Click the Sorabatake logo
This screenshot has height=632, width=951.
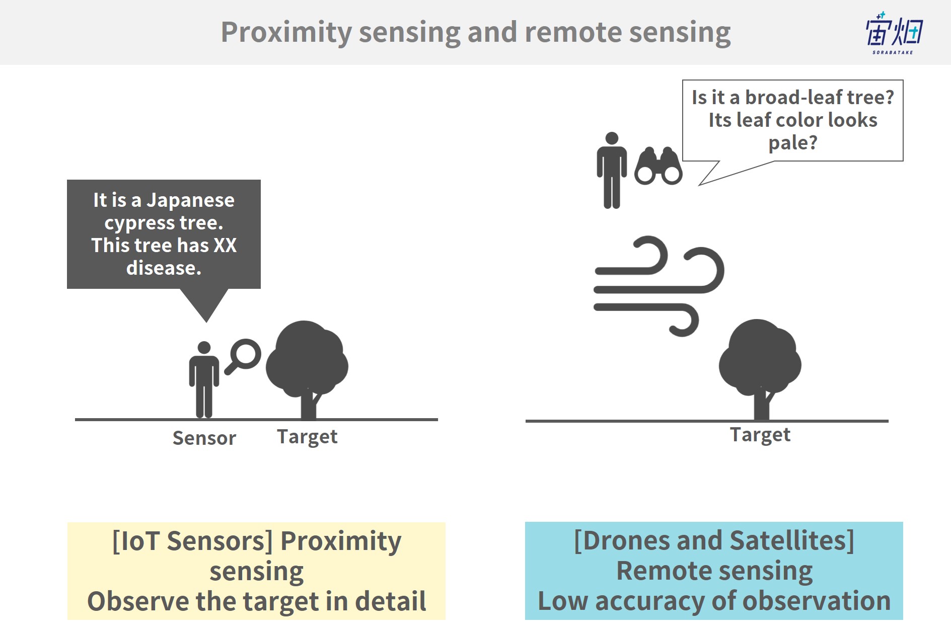[894, 33]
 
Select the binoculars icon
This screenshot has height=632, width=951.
[658, 166]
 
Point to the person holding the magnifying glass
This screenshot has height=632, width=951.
[204, 380]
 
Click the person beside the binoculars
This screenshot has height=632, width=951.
[612, 170]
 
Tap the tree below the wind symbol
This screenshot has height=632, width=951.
[760, 369]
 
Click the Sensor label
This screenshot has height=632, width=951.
[204, 438]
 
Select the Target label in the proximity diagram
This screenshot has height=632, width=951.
[307, 437]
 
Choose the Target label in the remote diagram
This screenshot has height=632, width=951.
[760, 435]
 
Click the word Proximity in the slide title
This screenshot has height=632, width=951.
[286, 33]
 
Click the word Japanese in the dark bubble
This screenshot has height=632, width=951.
[190, 200]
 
